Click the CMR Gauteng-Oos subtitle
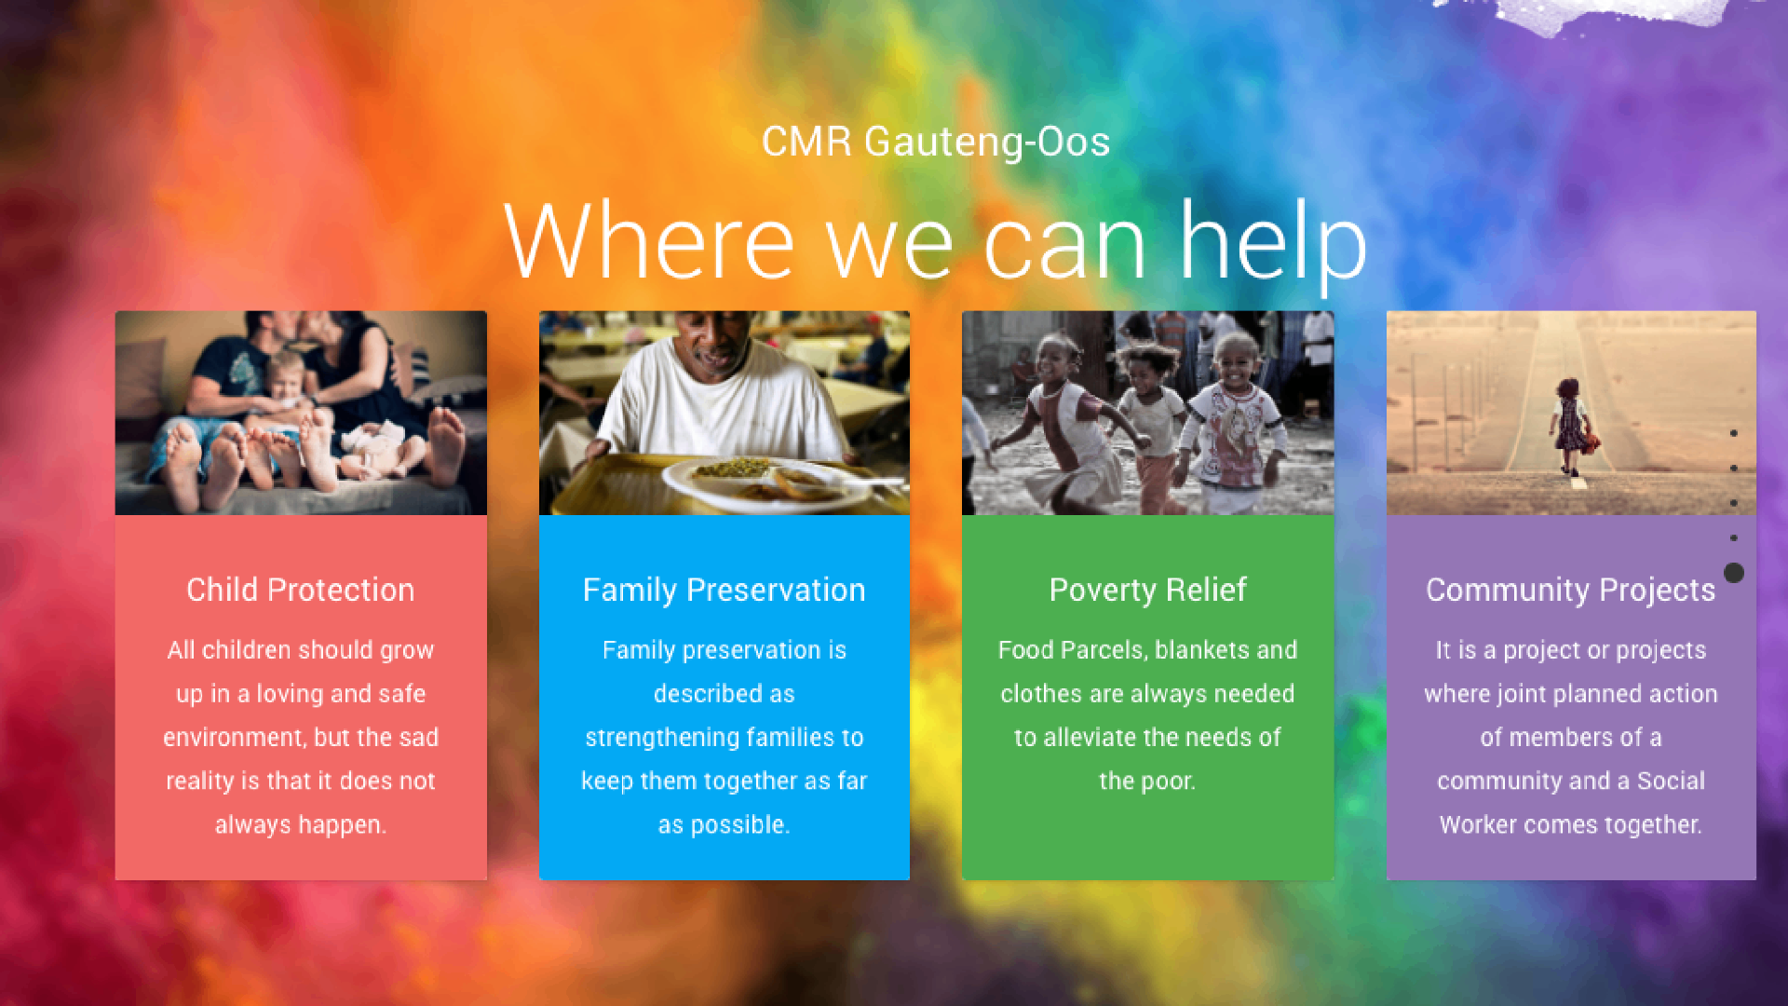point(936,143)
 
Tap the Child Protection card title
point(300,590)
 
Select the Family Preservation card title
point(724,591)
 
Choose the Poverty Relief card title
point(1147,591)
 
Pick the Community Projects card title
point(1570,591)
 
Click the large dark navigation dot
point(1734,573)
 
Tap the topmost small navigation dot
point(1734,433)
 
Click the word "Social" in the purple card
point(1671,781)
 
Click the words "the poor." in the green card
point(1147,781)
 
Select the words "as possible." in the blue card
point(724,825)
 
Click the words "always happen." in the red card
point(300,825)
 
